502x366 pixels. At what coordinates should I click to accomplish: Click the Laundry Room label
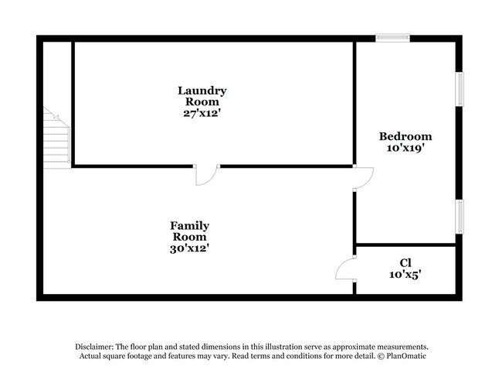[202, 96]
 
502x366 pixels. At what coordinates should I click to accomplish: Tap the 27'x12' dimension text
[202, 113]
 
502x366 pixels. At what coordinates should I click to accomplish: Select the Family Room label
[189, 231]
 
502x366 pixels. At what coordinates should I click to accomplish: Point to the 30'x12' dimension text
[189, 248]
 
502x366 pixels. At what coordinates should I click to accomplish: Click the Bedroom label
[405, 136]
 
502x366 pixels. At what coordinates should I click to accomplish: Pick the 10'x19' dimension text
[405, 148]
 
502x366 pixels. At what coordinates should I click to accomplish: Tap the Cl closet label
[405, 263]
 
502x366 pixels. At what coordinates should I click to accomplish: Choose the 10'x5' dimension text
[405, 275]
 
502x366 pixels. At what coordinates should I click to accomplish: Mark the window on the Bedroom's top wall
[392, 38]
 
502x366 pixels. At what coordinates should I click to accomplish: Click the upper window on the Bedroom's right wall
[460, 89]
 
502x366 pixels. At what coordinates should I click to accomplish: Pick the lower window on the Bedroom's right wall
[460, 217]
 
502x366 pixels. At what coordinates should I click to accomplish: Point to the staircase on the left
[56, 138]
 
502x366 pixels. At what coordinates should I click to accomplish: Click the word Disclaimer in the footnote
[94, 347]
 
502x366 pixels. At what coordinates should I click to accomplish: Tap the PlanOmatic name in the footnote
[406, 356]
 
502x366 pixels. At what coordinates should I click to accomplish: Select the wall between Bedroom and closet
[406, 245]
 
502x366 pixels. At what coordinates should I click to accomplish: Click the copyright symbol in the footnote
[381, 356]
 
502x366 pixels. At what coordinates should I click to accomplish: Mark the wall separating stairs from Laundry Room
[73, 103]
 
